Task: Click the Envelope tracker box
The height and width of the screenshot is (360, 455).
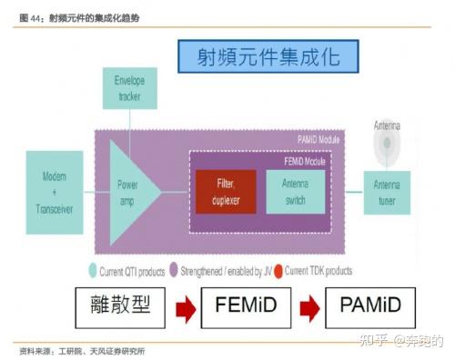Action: coord(129,86)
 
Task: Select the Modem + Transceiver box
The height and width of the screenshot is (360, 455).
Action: coord(55,186)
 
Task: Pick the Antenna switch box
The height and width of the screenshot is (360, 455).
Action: coord(295,192)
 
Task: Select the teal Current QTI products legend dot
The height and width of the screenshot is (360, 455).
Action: coord(92,270)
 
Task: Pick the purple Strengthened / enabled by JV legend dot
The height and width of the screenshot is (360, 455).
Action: coord(184,270)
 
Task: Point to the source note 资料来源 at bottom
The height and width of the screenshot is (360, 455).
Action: coord(82,351)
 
